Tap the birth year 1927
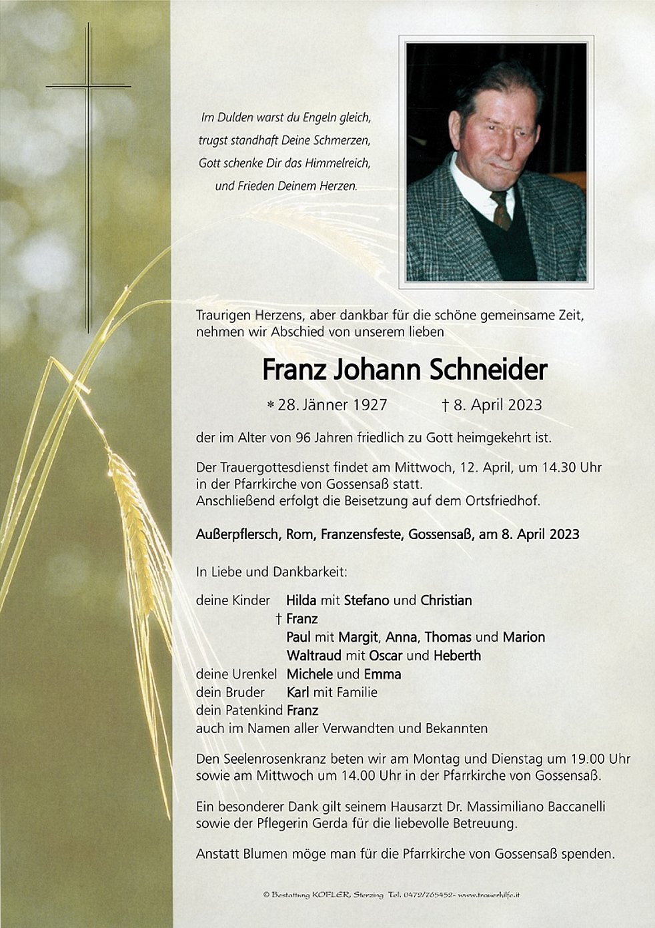tap(366, 405)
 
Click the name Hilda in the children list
tap(301, 600)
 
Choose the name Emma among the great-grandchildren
tap(382, 674)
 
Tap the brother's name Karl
tap(297, 692)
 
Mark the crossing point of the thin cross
tap(88, 86)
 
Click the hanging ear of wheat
tap(137, 520)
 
